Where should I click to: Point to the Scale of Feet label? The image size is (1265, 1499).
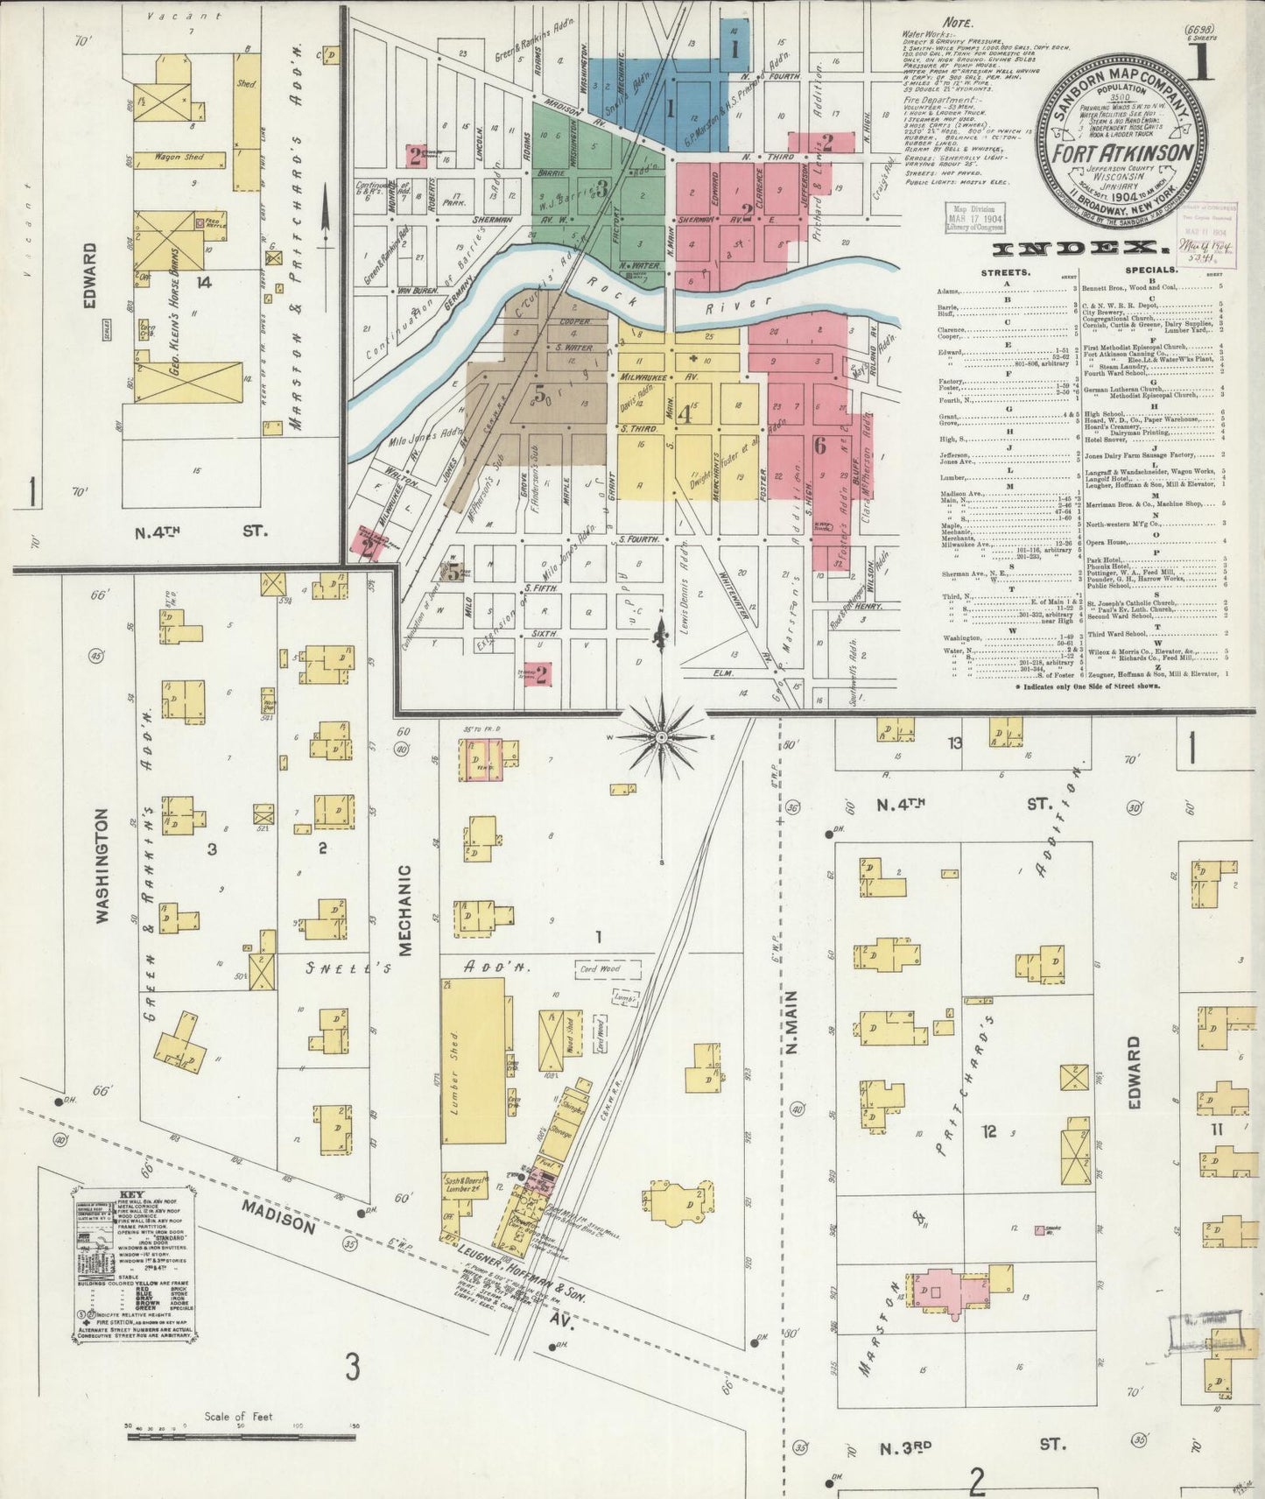coord(240,1414)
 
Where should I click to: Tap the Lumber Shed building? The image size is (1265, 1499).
coord(474,1060)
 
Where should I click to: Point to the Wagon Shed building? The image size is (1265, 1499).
coord(180,158)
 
